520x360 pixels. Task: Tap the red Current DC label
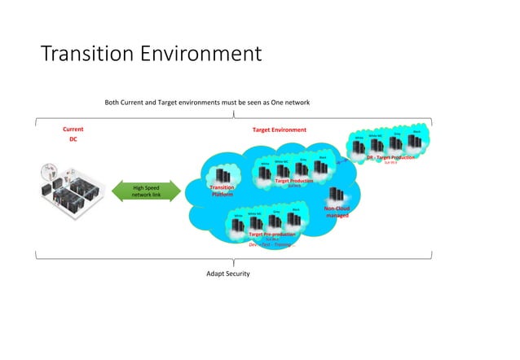point(73,134)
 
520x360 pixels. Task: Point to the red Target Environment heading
point(280,130)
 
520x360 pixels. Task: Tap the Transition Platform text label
point(223,191)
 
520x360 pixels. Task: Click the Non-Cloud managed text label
point(337,212)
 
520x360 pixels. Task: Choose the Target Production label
point(294,181)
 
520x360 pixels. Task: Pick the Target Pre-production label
point(271,234)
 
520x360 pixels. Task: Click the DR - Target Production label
point(390,157)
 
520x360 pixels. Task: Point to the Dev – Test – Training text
point(270,244)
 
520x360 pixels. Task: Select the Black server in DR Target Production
point(416,141)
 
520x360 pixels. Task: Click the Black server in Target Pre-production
point(296,220)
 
